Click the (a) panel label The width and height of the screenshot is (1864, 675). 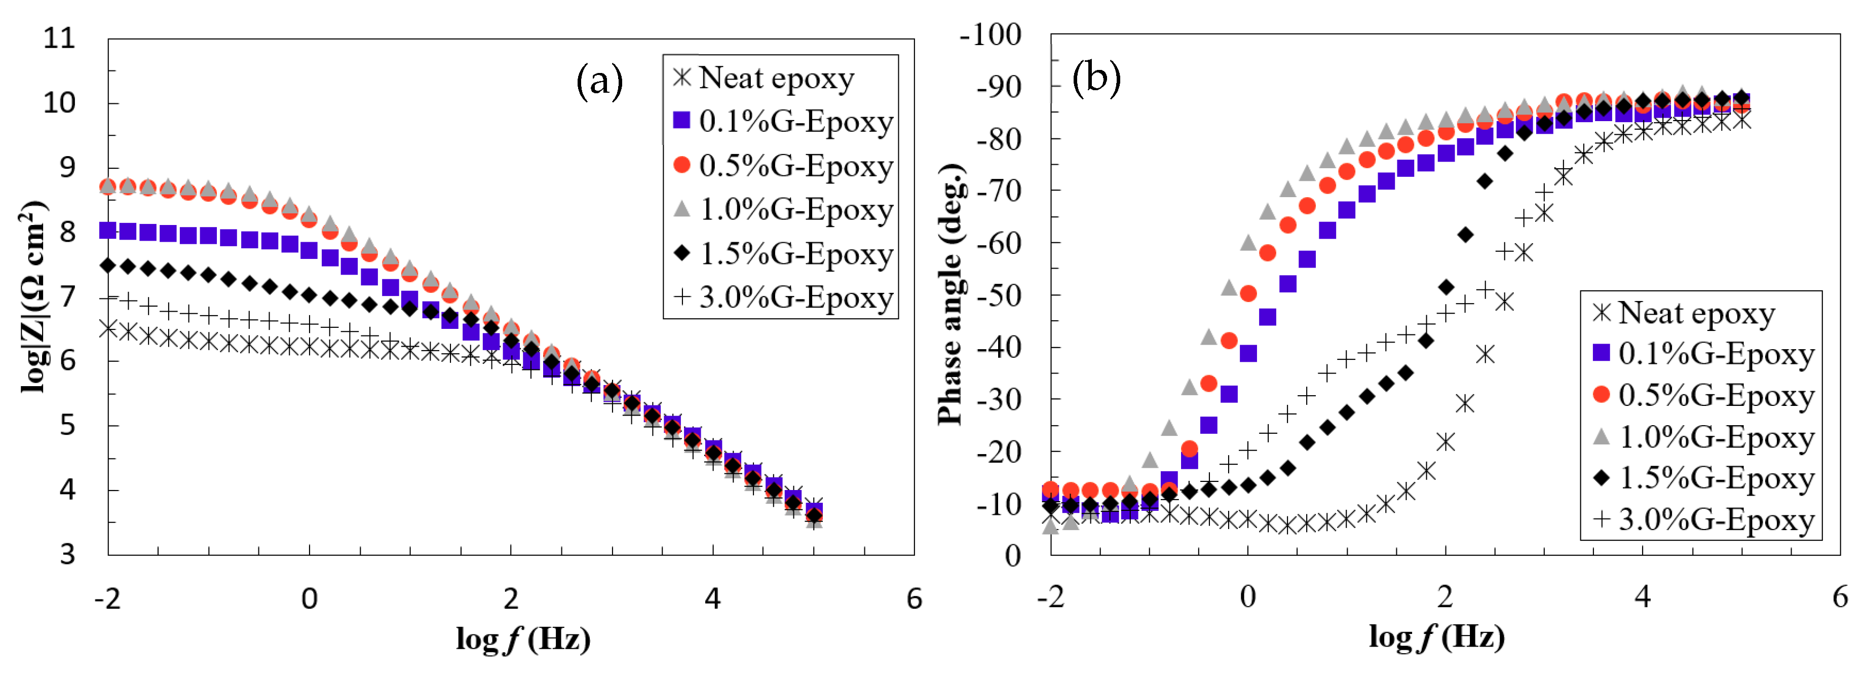[x=599, y=81]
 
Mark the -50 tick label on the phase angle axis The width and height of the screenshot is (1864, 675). [x=999, y=295]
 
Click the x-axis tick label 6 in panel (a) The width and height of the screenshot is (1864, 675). [x=914, y=599]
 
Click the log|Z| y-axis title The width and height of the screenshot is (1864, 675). [x=34, y=296]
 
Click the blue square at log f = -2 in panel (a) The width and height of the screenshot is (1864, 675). [x=108, y=230]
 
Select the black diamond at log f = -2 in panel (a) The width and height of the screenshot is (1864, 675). [x=108, y=266]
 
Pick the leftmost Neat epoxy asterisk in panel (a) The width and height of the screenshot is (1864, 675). [x=108, y=328]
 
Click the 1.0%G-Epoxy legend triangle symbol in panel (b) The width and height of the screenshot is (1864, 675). [x=1602, y=436]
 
